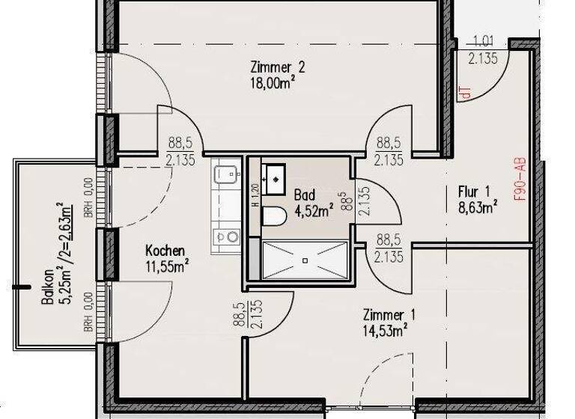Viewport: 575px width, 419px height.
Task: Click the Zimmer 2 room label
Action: pos(277,68)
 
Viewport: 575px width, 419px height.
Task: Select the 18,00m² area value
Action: pos(273,84)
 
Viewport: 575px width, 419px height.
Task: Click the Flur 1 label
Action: pos(473,192)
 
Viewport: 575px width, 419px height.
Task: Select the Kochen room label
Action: pos(165,250)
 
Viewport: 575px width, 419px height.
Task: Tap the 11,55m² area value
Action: pos(167,265)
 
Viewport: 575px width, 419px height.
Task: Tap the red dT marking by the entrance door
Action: pos(466,94)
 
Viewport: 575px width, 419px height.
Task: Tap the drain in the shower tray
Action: pos(305,260)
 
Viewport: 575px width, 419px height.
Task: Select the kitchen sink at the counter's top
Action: pos(225,175)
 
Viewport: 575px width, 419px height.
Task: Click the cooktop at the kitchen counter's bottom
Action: pos(225,237)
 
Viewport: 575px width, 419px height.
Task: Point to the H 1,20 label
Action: pos(255,195)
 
